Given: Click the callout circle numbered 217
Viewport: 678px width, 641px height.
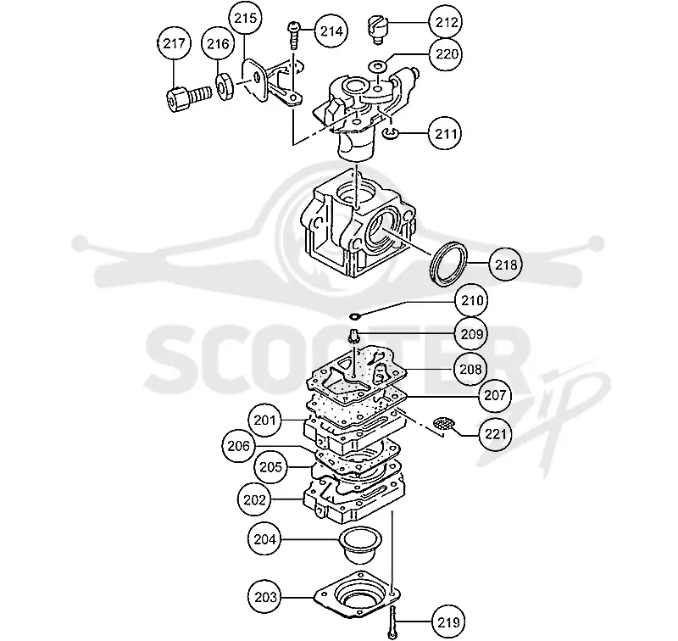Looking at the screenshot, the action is (174, 43).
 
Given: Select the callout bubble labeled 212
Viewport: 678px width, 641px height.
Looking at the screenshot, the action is (446, 22).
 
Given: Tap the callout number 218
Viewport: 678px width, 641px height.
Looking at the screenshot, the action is (505, 265).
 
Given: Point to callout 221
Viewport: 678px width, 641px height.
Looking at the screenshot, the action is (495, 433).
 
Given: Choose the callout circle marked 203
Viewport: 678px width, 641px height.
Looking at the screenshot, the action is (265, 597).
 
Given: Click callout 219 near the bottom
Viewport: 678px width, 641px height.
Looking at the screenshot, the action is (448, 622).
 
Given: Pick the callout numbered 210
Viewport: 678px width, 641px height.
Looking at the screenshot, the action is (472, 300).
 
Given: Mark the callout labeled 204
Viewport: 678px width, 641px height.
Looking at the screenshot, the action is (264, 539).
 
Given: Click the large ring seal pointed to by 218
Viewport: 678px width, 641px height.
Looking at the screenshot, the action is (449, 263).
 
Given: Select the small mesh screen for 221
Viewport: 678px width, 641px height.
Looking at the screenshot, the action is (444, 422).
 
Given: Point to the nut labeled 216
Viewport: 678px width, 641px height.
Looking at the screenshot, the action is (225, 86).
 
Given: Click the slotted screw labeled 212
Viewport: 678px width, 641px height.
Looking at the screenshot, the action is (378, 29).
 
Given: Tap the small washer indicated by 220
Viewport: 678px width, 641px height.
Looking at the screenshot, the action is (378, 67).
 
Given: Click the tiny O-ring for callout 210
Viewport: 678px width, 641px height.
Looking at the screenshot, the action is (354, 316).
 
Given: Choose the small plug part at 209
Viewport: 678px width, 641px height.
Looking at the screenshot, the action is (353, 336).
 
